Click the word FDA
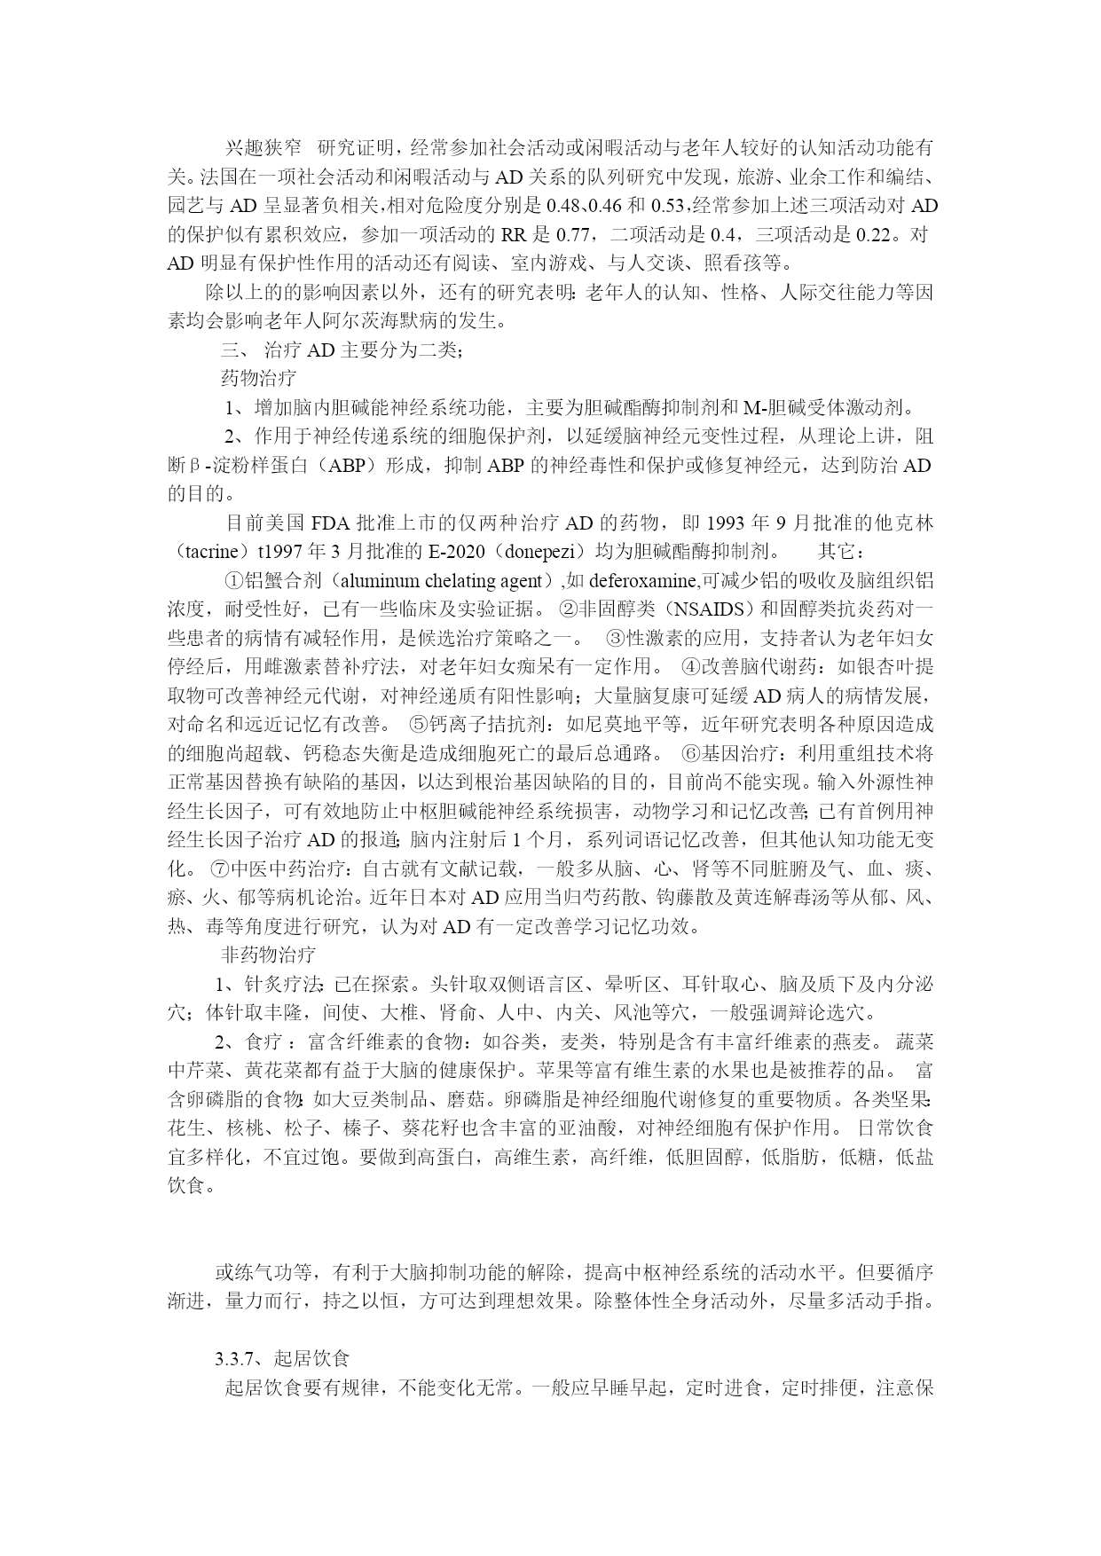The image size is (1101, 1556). coord(332,522)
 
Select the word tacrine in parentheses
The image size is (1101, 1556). coord(210,551)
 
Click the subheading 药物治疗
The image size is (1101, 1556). coord(257,379)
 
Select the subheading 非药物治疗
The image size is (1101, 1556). coord(267,955)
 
